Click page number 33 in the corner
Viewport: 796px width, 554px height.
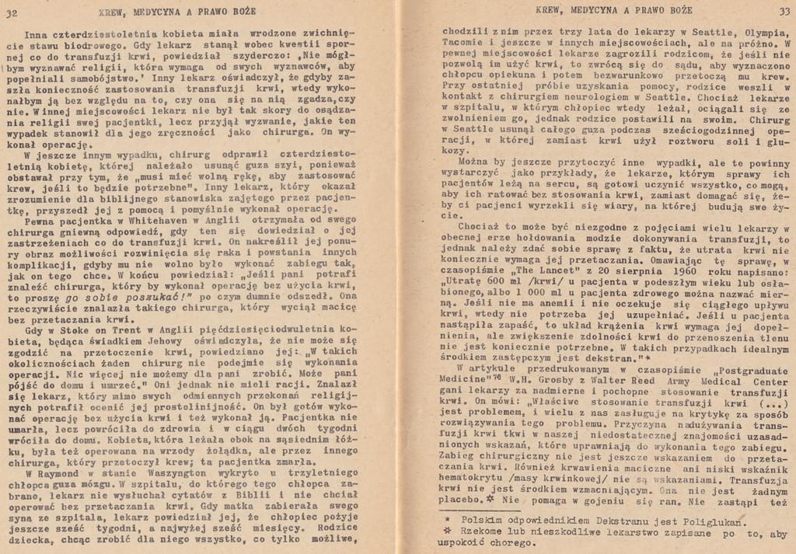[783, 9]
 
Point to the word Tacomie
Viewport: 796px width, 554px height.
[463, 44]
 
